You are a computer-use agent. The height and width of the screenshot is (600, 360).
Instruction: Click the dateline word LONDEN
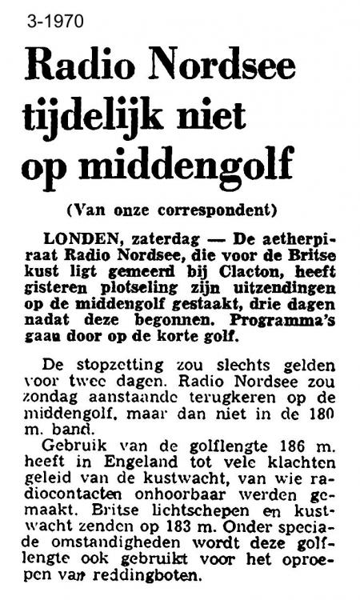coord(77,239)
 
